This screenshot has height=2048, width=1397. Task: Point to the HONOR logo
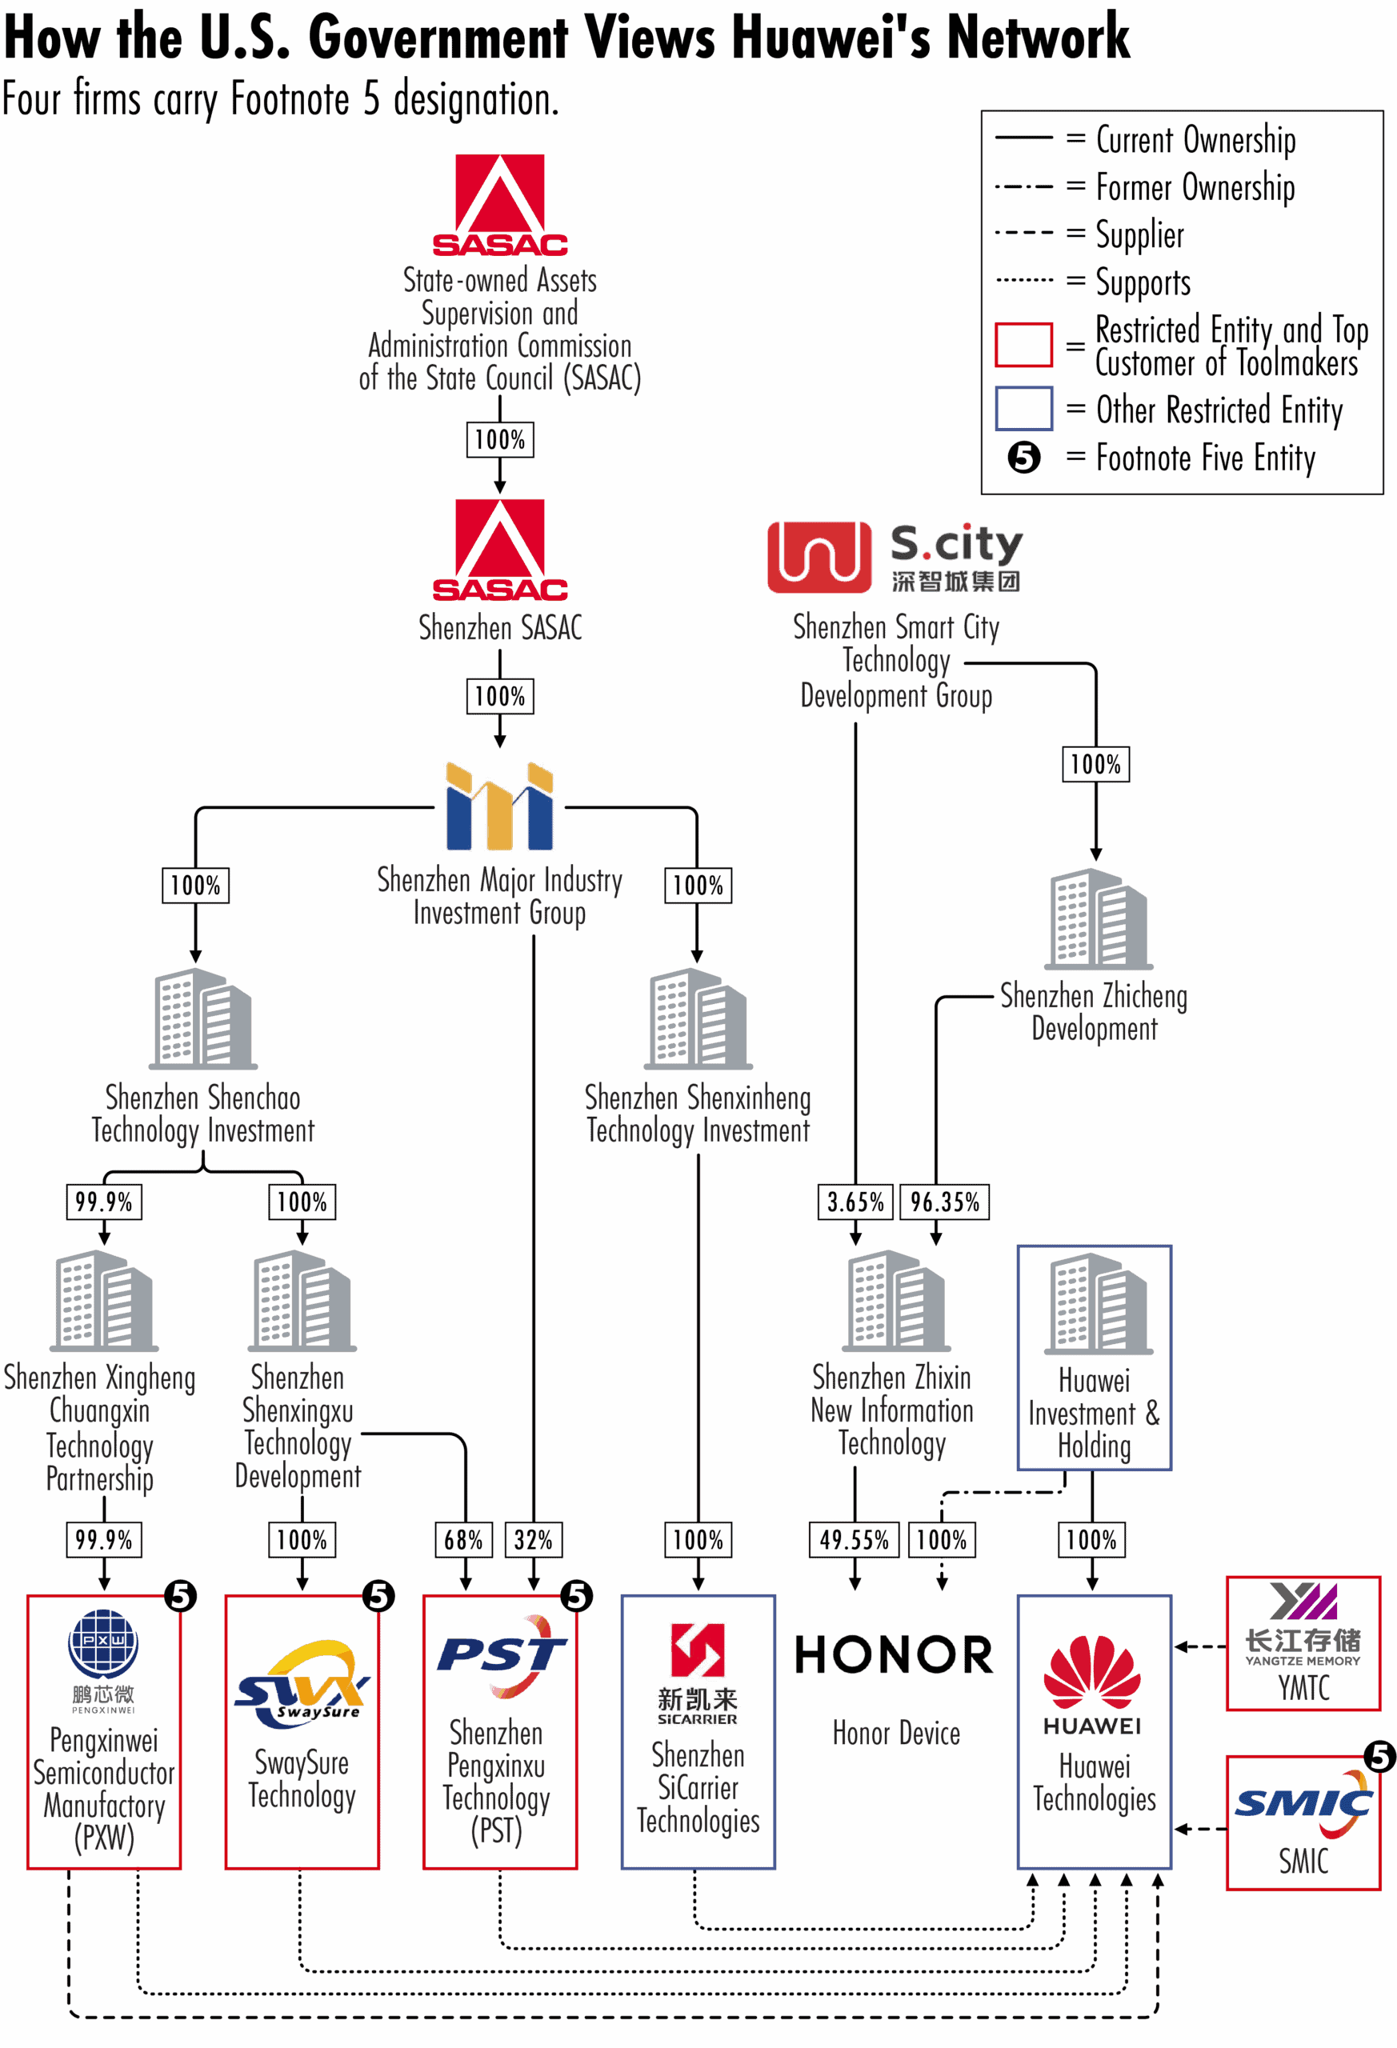click(894, 1655)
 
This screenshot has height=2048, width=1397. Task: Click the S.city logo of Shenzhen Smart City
click(895, 557)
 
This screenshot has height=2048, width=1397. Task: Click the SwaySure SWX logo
click(302, 1683)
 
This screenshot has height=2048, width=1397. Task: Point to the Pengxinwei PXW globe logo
click(103, 1643)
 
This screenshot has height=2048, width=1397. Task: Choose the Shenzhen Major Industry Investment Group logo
click(500, 806)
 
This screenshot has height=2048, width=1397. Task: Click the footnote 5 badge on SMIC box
click(1379, 1756)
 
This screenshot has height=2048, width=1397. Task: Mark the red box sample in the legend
click(1023, 345)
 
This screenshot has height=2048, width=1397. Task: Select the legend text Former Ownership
click(1195, 187)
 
